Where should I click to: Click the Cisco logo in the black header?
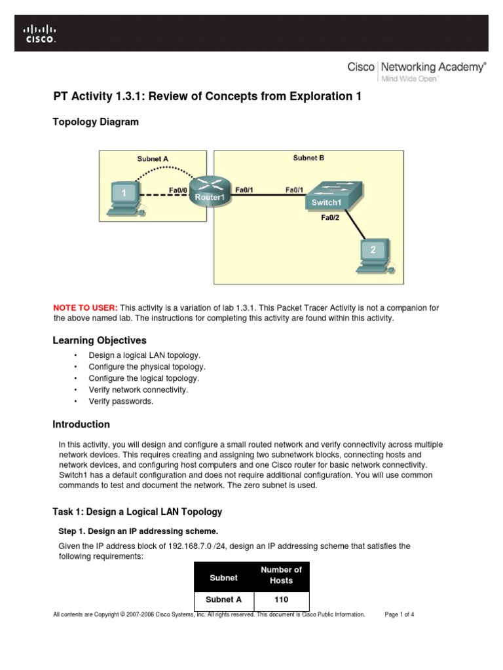coord(40,33)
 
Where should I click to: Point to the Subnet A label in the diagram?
coord(153,158)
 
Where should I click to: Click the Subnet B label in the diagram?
coord(308,158)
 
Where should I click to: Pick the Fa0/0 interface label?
coord(178,190)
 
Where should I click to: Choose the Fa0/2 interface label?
coord(330,218)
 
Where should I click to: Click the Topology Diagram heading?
coord(95,122)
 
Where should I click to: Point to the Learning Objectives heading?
coord(100,340)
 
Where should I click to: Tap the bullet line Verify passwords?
coord(121,401)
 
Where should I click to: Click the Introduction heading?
coord(81,424)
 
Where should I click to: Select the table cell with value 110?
coord(281,599)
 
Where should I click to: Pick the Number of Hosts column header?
coord(281,575)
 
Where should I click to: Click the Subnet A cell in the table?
coord(224,599)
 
